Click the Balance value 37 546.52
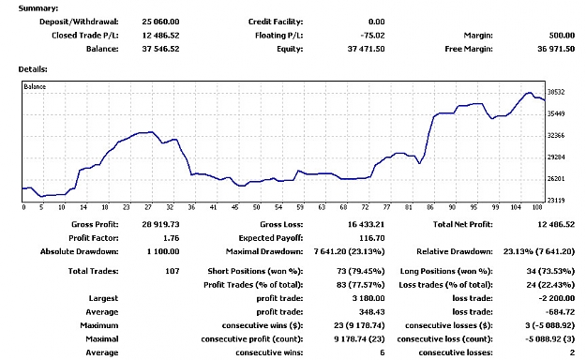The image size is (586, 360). (160, 49)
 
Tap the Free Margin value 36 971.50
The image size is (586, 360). (556, 49)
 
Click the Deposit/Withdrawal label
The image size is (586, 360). (79, 22)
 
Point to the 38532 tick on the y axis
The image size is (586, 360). (556, 92)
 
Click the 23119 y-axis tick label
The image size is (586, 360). (556, 201)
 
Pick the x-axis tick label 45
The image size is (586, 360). (234, 207)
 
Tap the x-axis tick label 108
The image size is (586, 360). (537, 207)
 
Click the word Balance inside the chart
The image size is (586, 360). (35, 87)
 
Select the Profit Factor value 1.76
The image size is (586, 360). (172, 238)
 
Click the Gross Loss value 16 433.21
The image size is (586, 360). (366, 225)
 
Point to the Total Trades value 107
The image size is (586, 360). (173, 271)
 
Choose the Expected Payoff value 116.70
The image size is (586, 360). (372, 238)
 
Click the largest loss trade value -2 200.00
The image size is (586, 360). (557, 298)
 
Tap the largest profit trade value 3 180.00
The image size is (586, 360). (368, 298)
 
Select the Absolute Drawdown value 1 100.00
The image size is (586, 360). (163, 251)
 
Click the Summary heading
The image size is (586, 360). (38, 8)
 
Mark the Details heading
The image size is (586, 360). (33, 69)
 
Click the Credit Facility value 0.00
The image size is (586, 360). (376, 22)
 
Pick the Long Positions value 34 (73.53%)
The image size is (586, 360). (550, 271)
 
